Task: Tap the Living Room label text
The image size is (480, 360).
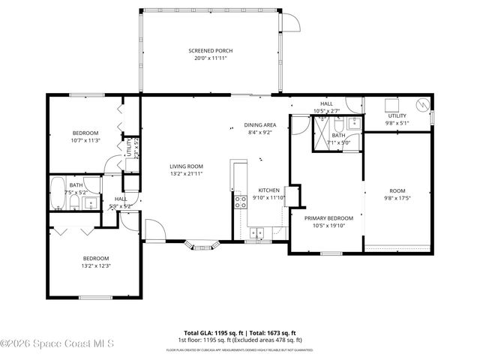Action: (x=186, y=166)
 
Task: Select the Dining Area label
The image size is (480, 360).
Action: (x=260, y=125)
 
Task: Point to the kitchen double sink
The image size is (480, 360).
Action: (x=257, y=232)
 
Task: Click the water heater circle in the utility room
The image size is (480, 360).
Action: (x=423, y=105)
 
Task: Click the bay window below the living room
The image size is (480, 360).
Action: (x=204, y=244)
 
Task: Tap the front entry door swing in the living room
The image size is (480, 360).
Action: (x=153, y=231)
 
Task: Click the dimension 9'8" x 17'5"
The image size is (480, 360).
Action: (x=397, y=197)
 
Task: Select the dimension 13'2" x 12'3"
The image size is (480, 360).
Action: (x=96, y=265)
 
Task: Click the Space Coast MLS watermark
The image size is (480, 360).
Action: (x=57, y=343)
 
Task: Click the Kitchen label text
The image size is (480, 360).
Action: (x=268, y=190)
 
